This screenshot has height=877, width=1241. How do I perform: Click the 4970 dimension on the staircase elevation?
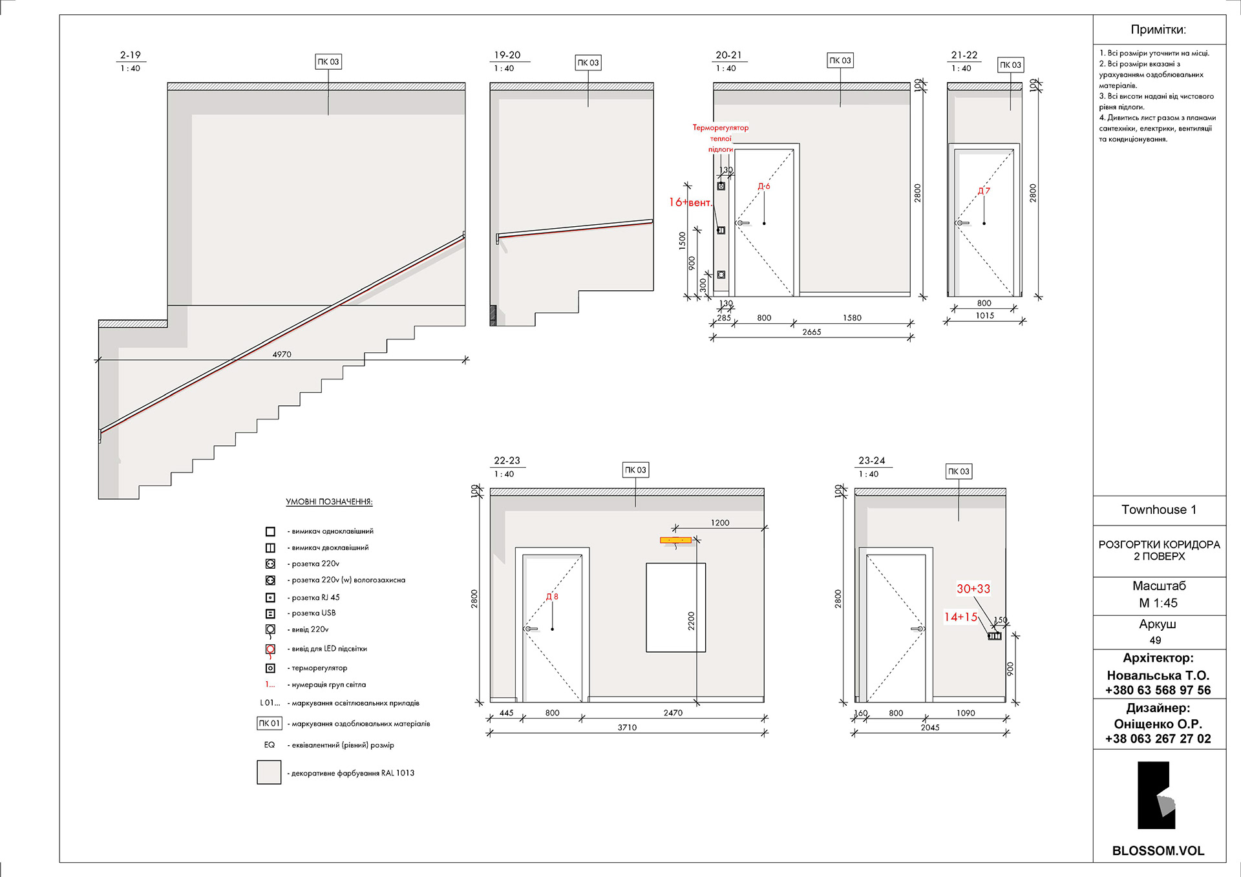(x=282, y=354)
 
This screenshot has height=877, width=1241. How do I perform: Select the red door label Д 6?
(x=764, y=186)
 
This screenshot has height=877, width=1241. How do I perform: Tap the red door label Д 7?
(x=984, y=191)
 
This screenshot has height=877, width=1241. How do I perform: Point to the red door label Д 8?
(x=552, y=597)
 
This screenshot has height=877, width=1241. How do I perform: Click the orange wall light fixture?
(x=676, y=540)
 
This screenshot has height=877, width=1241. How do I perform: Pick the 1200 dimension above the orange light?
(x=720, y=523)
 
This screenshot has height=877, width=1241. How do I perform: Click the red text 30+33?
(x=973, y=589)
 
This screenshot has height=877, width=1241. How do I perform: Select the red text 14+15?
(x=960, y=617)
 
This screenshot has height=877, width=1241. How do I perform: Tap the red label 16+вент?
(x=691, y=202)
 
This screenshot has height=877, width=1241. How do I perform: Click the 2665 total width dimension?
(x=812, y=332)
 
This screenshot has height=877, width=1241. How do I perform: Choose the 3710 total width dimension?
(x=627, y=728)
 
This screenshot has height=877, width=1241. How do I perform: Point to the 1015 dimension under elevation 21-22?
(x=985, y=315)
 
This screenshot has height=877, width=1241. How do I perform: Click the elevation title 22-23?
(x=507, y=461)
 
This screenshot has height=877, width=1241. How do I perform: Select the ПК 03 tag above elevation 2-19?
(x=328, y=62)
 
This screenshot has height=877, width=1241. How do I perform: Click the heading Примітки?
(x=1158, y=30)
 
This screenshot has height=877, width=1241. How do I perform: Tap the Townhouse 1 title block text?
(x=1159, y=509)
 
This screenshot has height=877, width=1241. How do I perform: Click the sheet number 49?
(x=1156, y=640)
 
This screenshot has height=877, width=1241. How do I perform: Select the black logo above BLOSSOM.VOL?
(x=1156, y=796)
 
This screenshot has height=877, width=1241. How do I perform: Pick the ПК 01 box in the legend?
(x=270, y=723)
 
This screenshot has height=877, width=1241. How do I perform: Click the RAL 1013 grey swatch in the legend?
(x=269, y=772)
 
